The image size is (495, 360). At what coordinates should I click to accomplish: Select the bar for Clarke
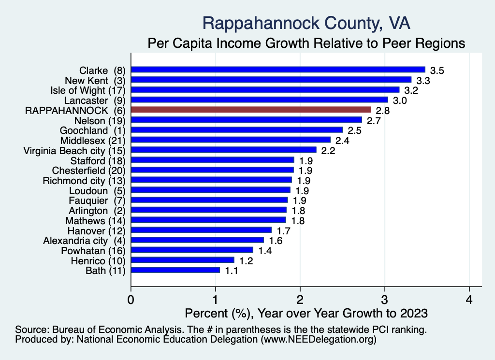(x=278, y=70)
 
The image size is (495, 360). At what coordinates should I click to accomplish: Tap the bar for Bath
(x=175, y=270)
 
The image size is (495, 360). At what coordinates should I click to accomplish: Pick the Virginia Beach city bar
(x=223, y=150)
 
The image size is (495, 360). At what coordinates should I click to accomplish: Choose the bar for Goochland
(x=236, y=130)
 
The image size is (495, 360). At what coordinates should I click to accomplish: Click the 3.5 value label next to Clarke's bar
(x=437, y=71)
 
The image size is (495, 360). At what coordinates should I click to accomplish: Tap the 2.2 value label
(x=328, y=151)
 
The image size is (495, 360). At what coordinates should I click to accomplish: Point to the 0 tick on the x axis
(x=131, y=298)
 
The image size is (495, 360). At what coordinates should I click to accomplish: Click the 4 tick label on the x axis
(x=469, y=298)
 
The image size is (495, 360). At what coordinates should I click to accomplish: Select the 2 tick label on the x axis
(x=300, y=298)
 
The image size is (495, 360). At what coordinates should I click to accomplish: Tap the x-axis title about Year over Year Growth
(x=306, y=313)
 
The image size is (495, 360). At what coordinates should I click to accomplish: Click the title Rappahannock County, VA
(x=306, y=23)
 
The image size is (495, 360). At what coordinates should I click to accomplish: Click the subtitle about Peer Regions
(x=306, y=43)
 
